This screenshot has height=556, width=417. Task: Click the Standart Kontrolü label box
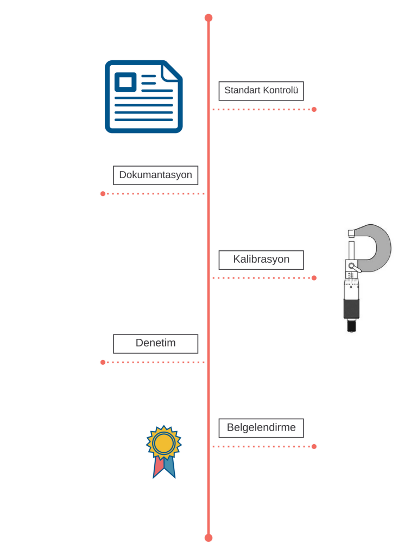(261, 91)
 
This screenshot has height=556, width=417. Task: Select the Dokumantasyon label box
(155, 175)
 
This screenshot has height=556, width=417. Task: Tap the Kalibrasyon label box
(261, 260)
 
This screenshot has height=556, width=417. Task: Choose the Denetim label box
(155, 344)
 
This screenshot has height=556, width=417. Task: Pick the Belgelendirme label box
(261, 428)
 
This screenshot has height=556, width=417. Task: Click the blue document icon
(143, 97)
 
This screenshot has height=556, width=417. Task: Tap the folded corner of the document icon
(172, 72)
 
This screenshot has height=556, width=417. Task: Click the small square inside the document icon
(125, 82)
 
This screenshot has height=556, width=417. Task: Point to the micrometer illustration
(368, 278)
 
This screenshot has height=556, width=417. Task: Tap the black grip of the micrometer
(351, 308)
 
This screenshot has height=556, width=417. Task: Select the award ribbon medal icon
(164, 452)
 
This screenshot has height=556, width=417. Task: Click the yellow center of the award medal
(164, 443)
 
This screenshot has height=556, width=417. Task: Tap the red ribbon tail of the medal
(158, 466)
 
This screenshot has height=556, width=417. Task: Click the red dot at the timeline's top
(208, 18)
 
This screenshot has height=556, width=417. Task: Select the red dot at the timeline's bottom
(208, 538)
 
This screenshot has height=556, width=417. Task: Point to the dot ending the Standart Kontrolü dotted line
(314, 110)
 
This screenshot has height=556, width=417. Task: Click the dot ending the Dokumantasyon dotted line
(103, 194)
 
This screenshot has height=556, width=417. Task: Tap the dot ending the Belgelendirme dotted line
(314, 446)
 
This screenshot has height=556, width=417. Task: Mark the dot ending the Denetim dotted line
(103, 362)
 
